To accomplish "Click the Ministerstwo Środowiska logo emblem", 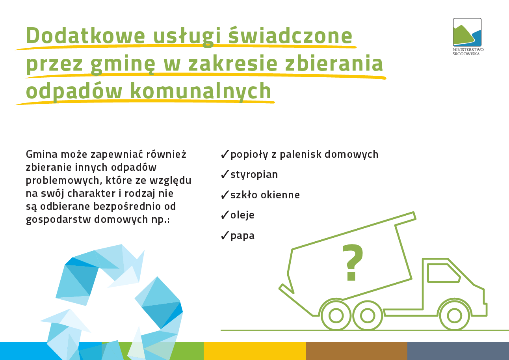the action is [467, 32].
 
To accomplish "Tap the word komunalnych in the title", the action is [201, 91].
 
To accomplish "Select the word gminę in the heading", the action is [123, 64].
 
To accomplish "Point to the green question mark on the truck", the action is [353, 262].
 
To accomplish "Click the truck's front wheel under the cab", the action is [455, 316].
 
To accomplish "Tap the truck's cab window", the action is [444, 273].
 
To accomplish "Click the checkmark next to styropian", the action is [225, 174].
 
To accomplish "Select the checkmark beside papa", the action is [225, 235].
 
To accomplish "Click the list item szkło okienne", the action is [265, 195].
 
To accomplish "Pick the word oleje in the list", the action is [242, 215].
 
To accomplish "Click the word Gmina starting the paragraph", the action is [42, 154].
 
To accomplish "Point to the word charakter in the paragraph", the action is [91, 193].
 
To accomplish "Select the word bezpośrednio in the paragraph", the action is [127, 207].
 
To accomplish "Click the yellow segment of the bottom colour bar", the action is [254, 351].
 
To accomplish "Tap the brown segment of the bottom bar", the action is [356, 351].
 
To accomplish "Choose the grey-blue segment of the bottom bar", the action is [458, 351].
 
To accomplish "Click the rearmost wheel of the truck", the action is [336, 316].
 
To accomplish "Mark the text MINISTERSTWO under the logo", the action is [468, 50].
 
